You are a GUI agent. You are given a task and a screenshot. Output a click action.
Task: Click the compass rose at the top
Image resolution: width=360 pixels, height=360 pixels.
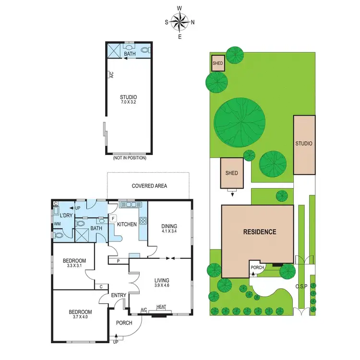[180, 22]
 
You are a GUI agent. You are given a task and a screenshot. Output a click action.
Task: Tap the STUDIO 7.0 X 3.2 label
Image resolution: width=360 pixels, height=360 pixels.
[129, 99]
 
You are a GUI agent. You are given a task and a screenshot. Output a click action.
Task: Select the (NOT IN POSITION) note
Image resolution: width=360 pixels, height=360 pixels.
[129, 158]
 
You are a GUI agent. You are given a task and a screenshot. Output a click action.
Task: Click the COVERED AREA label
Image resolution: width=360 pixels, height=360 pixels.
[149, 185]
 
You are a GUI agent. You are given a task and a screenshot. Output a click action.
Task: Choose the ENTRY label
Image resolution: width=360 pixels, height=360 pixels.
[118, 296]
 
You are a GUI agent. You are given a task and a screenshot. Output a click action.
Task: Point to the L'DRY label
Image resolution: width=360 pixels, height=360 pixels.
[66, 216]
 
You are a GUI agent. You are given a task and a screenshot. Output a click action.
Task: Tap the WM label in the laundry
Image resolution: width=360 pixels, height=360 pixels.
[57, 224]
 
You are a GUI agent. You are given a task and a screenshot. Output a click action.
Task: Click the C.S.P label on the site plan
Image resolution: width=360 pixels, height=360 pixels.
[301, 286]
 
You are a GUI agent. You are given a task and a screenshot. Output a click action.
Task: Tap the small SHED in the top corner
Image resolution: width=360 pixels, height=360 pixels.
[218, 63]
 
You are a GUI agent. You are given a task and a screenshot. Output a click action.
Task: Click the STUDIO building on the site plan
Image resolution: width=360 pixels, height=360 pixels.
[304, 144]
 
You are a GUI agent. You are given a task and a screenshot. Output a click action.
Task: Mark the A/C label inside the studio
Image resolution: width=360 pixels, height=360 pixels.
[111, 75]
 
